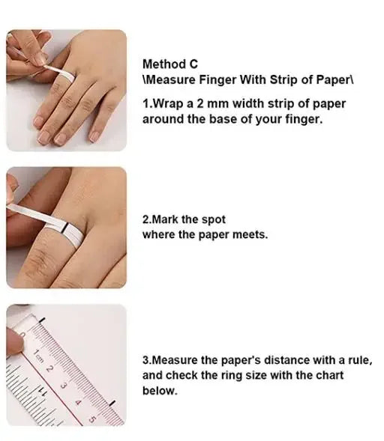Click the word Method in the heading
pos(164,64)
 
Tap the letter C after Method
pos(193,64)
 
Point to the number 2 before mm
pos(200,104)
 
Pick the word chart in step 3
pos(330,375)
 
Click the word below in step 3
pos(160,391)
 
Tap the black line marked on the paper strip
pos(64,228)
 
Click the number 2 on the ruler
pos(49,368)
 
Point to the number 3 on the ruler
pos(64,386)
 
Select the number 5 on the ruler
pos(92,419)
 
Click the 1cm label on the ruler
pos(37,356)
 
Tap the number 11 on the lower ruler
pos(42,390)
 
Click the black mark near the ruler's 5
pos(112,403)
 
